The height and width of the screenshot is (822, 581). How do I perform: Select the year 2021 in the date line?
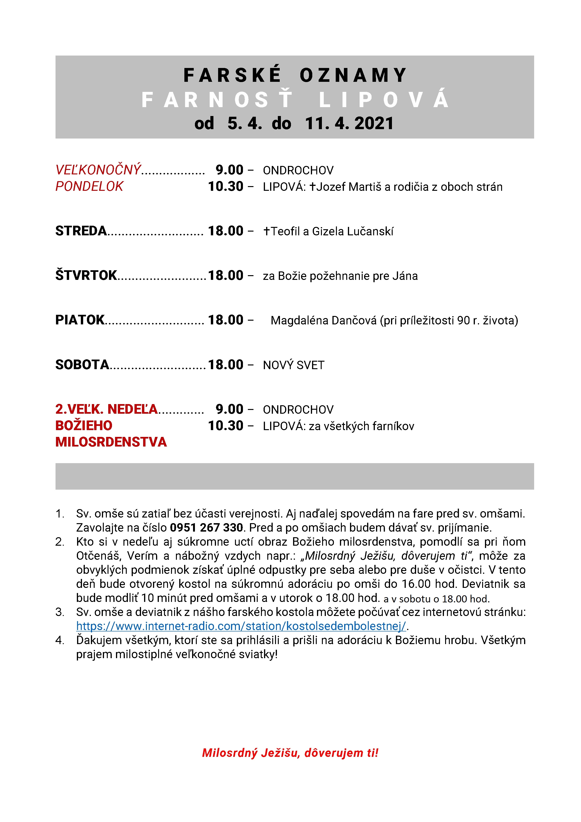coord(374,124)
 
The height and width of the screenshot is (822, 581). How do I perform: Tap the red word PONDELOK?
coord(89,187)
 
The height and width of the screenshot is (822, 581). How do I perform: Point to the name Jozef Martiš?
coord(348,187)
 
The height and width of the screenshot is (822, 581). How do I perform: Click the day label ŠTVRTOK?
coord(86,275)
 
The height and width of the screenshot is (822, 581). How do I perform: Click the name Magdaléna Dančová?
coord(323,320)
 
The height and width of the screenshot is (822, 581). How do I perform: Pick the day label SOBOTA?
coord(82,364)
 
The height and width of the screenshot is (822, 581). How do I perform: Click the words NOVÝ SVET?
coord(293,365)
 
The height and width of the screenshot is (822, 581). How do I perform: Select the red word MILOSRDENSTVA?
coord(111,442)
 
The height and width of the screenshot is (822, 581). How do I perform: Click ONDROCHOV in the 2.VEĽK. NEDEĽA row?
coord(298,409)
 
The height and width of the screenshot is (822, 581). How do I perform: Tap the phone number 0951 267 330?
coord(206,527)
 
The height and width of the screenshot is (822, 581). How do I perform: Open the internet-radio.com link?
coord(241,626)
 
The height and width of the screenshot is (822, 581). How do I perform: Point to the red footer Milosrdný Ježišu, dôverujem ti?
coord(290,753)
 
